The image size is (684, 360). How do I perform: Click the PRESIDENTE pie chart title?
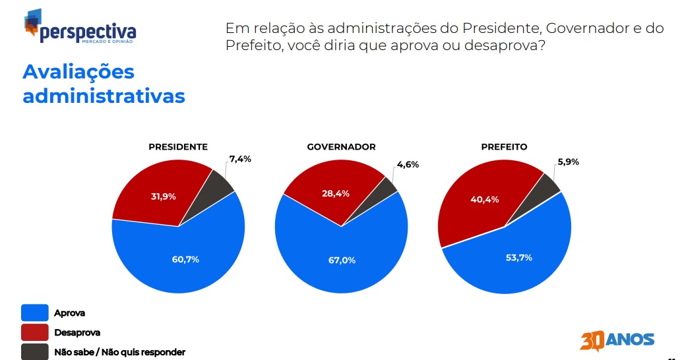(178, 147)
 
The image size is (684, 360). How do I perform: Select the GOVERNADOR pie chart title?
(341, 147)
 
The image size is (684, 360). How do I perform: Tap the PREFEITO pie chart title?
(505, 147)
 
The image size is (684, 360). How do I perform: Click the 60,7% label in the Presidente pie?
(185, 259)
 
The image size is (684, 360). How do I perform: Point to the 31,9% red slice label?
(164, 196)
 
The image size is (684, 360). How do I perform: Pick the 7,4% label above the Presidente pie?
(240, 159)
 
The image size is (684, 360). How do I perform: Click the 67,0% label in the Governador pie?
(342, 260)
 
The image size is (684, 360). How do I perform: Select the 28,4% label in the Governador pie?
(336, 193)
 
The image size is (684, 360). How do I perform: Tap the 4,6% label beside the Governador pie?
(408, 164)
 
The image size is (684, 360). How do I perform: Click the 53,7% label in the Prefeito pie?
(519, 258)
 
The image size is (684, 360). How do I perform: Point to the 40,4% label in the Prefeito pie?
(485, 200)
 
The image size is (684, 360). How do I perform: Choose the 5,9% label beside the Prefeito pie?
(569, 162)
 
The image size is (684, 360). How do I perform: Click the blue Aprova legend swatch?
(35, 313)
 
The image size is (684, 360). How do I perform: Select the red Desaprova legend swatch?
(35, 332)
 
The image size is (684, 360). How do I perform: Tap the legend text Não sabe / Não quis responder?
(120, 352)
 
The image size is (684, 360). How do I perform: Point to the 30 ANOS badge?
(617, 340)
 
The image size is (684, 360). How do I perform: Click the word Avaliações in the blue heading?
(78, 72)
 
